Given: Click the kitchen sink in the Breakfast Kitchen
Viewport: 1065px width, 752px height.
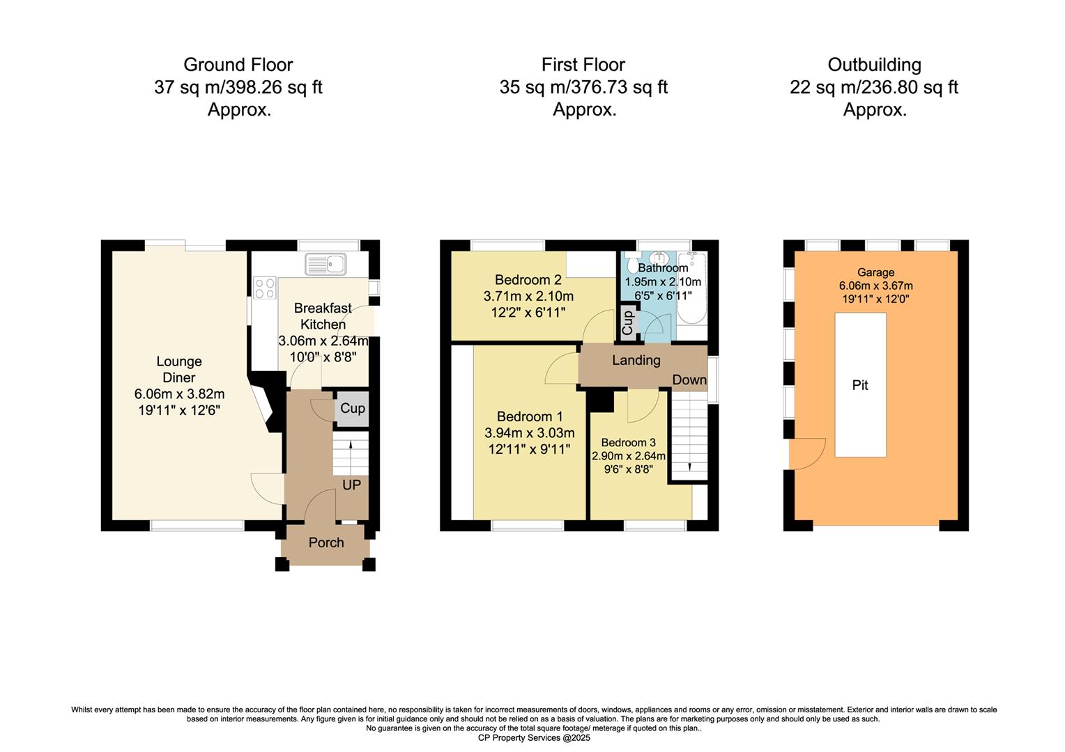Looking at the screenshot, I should coord(326,264).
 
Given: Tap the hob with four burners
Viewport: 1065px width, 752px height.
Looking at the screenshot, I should coord(265,288).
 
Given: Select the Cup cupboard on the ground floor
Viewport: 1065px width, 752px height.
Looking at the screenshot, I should coord(352,409).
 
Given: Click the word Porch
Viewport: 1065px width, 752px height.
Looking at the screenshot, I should coord(326,542).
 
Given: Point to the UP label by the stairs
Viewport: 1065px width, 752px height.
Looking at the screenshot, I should coord(351,485).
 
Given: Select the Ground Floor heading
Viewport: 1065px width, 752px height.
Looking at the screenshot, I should coord(238,65).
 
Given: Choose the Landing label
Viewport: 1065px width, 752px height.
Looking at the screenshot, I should coord(636,360).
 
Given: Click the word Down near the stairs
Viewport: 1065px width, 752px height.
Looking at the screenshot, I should coord(689,380).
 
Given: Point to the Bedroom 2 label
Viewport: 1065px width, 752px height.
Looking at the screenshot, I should coord(528,280).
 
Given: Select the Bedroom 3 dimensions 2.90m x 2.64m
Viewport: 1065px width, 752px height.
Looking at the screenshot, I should coord(628,457).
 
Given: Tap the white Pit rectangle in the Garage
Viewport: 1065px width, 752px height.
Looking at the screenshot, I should coord(860,385).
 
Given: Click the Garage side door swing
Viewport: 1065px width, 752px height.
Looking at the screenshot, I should coord(807,453).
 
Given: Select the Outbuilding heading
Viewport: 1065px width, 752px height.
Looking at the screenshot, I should coord(874,65).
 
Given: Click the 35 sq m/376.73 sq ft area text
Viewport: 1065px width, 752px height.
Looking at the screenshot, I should coord(583,87).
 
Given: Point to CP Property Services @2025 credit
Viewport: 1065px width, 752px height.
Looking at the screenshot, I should coord(533,738).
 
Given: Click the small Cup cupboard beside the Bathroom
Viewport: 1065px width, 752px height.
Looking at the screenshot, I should coord(627,323).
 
